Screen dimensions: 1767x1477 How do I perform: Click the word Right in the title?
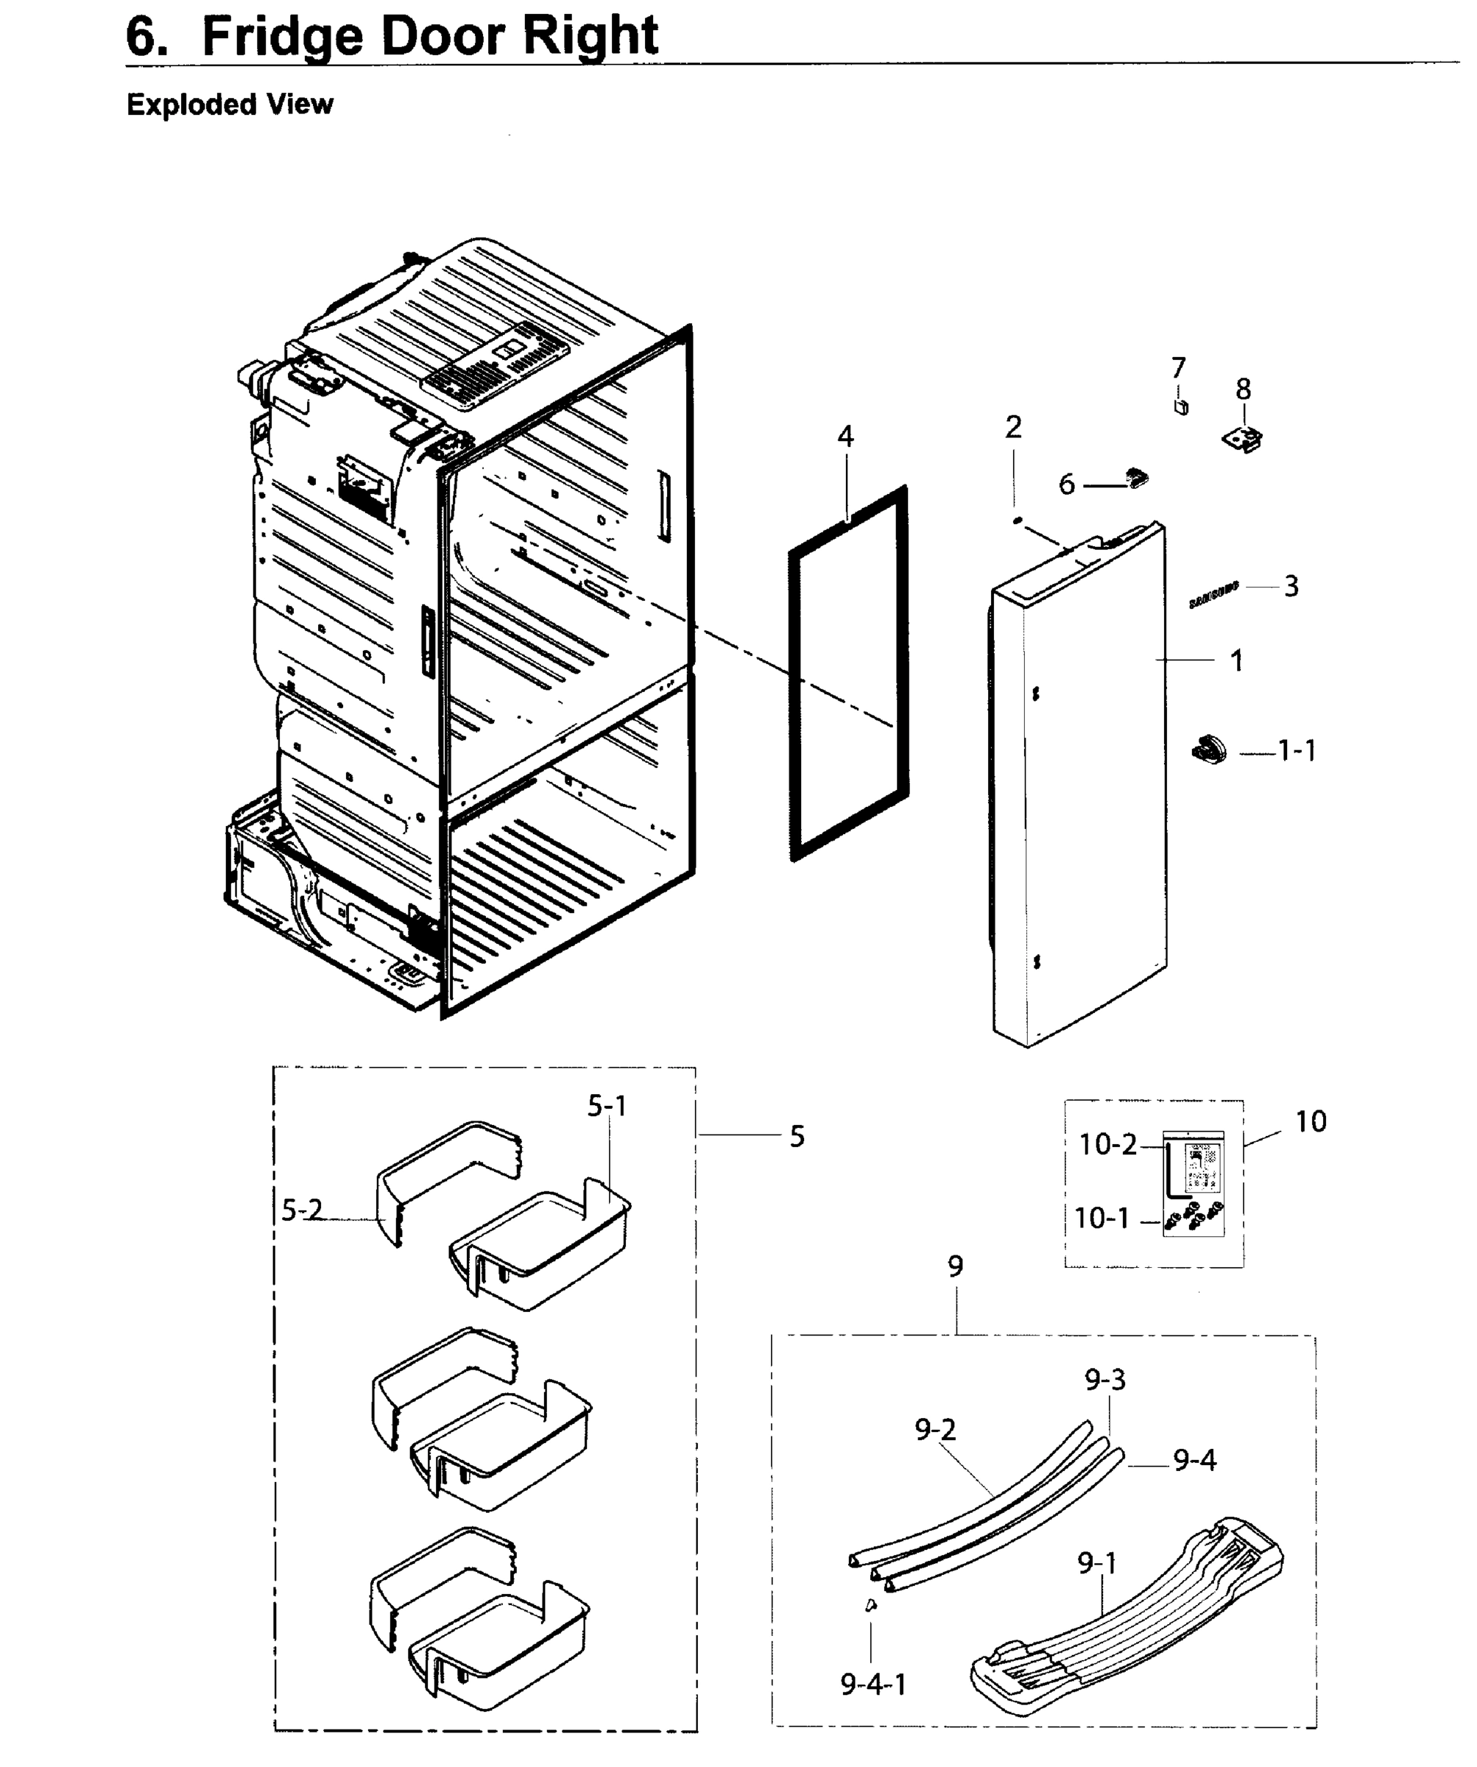pyautogui.click(x=589, y=35)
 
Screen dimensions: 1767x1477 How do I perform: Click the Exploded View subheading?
pyautogui.click(x=230, y=105)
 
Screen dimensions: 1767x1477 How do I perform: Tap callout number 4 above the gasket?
pyautogui.click(x=845, y=436)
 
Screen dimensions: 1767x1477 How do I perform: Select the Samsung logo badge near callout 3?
pyautogui.click(x=1213, y=594)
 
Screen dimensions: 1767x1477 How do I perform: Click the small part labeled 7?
pyautogui.click(x=1181, y=406)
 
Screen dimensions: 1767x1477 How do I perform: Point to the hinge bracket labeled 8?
pyautogui.click(x=1242, y=437)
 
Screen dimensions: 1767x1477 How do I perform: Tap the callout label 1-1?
pyautogui.click(x=1297, y=750)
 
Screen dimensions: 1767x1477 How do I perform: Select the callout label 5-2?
pyautogui.click(x=301, y=1210)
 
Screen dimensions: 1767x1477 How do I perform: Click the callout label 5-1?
pyautogui.click(x=607, y=1107)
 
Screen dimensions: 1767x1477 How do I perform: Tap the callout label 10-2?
pyautogui.click(x=1107, y=1144)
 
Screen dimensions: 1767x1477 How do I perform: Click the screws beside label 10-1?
pyautogui.click(x=1194, y=1217)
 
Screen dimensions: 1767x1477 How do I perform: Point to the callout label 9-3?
pyautogui.click(x=1104, y=1379)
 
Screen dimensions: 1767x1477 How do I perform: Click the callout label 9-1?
pyautogui.click(x=1097, y=1563)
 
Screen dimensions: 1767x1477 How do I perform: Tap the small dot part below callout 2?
pyautogui.click(x=1017, y=521)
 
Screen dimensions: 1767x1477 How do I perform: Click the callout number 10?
pyautogui.click(x=1311, y=1121)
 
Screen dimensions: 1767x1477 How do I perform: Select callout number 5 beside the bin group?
pyautogui.click(x=797, y=1136)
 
